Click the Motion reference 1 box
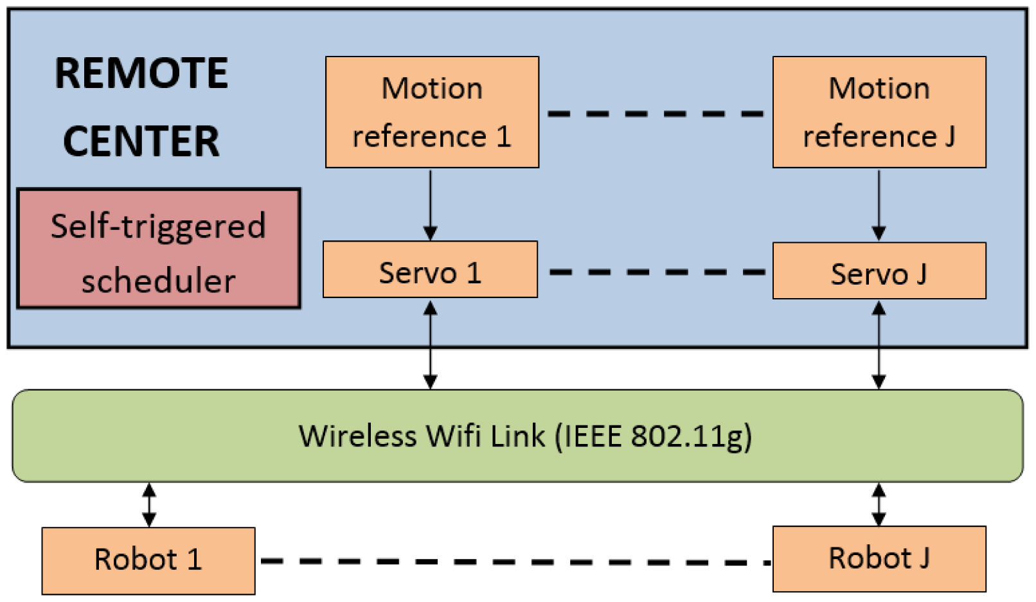(x=432, y=112)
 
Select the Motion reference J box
(x=879, y=112)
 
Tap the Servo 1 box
(x=430, y=269)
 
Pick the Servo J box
(x=879, y=270)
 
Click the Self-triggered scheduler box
(x=158, y=249)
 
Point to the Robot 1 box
(x=148, y=560)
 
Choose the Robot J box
(x=879, y=558)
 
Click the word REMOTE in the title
(x=141, y=73)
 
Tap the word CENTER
(x=141, y=141)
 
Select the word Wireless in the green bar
(x=358, y=436)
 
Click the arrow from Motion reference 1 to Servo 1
(x=431, y=204)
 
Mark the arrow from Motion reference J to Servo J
(x=879, y=204)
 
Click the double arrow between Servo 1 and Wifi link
(x=431, y=345)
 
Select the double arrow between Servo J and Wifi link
(x=879, y=345)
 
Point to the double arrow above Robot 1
(x=149, y=505)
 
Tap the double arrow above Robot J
(x=879, y=504)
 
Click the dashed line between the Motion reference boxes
(x=656, y=114)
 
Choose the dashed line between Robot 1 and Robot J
(x=514, y=562)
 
